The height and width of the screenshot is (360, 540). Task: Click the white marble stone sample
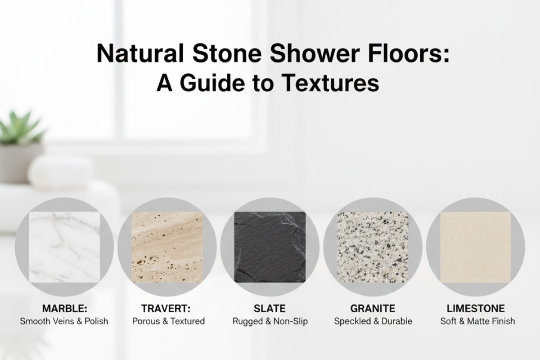point(64,247)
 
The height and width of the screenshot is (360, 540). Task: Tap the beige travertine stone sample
point(167,247)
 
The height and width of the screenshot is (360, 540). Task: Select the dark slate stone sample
point(270,247)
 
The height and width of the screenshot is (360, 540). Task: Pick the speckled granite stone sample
point(373,247)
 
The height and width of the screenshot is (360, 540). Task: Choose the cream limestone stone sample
point(475,247)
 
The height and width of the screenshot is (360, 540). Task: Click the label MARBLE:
point(64,309)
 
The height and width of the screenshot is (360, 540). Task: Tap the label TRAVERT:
point(166,309)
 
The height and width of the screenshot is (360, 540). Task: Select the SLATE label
point(270,309)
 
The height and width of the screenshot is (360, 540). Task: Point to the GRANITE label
point(373,309)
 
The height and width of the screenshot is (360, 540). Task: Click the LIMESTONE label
point(476,309)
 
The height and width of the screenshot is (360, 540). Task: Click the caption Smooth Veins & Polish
point(64,321)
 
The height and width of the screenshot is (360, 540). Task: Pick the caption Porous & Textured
point(168,321)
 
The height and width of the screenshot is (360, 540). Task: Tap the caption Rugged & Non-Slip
point(270,321)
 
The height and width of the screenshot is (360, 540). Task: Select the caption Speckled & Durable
point(373,321)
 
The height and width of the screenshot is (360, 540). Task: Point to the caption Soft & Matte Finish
point(477,321)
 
